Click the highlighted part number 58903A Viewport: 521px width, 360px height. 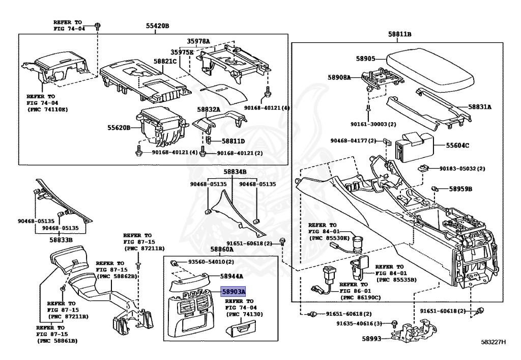point(233,292)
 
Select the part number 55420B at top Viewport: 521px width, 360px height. point(155,26)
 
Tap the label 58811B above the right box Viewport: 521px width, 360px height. point(399,34)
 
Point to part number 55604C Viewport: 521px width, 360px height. point(458,146)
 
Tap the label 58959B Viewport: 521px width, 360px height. point(460,189)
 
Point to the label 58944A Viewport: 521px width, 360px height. point(231,276)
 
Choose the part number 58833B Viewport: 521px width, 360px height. point(61,239)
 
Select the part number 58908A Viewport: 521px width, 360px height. point(339,77)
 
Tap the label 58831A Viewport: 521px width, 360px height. point(480,107)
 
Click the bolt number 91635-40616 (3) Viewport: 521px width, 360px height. point(362,323)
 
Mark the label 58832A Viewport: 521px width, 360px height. point(209,109)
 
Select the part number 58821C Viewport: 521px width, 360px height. point(165,61)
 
